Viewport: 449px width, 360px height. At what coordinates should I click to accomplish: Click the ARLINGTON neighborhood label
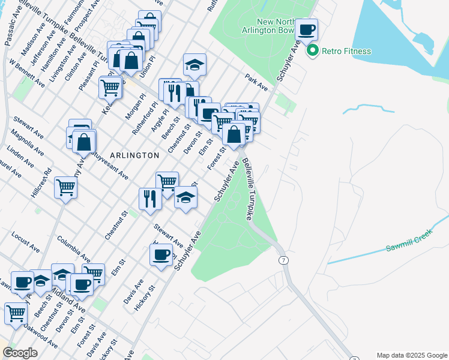click(x=134, y=155)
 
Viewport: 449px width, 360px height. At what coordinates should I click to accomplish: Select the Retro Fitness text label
click(x=346, y=51)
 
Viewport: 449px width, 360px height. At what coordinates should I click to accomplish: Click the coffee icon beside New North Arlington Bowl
click(x=306, y=30)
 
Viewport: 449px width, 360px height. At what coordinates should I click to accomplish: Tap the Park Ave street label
click(x=256, y=83)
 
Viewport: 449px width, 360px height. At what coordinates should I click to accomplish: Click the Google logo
click(x=20, y=353)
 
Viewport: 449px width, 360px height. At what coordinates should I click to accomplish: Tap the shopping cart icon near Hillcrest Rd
click(x=65, y=187)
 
